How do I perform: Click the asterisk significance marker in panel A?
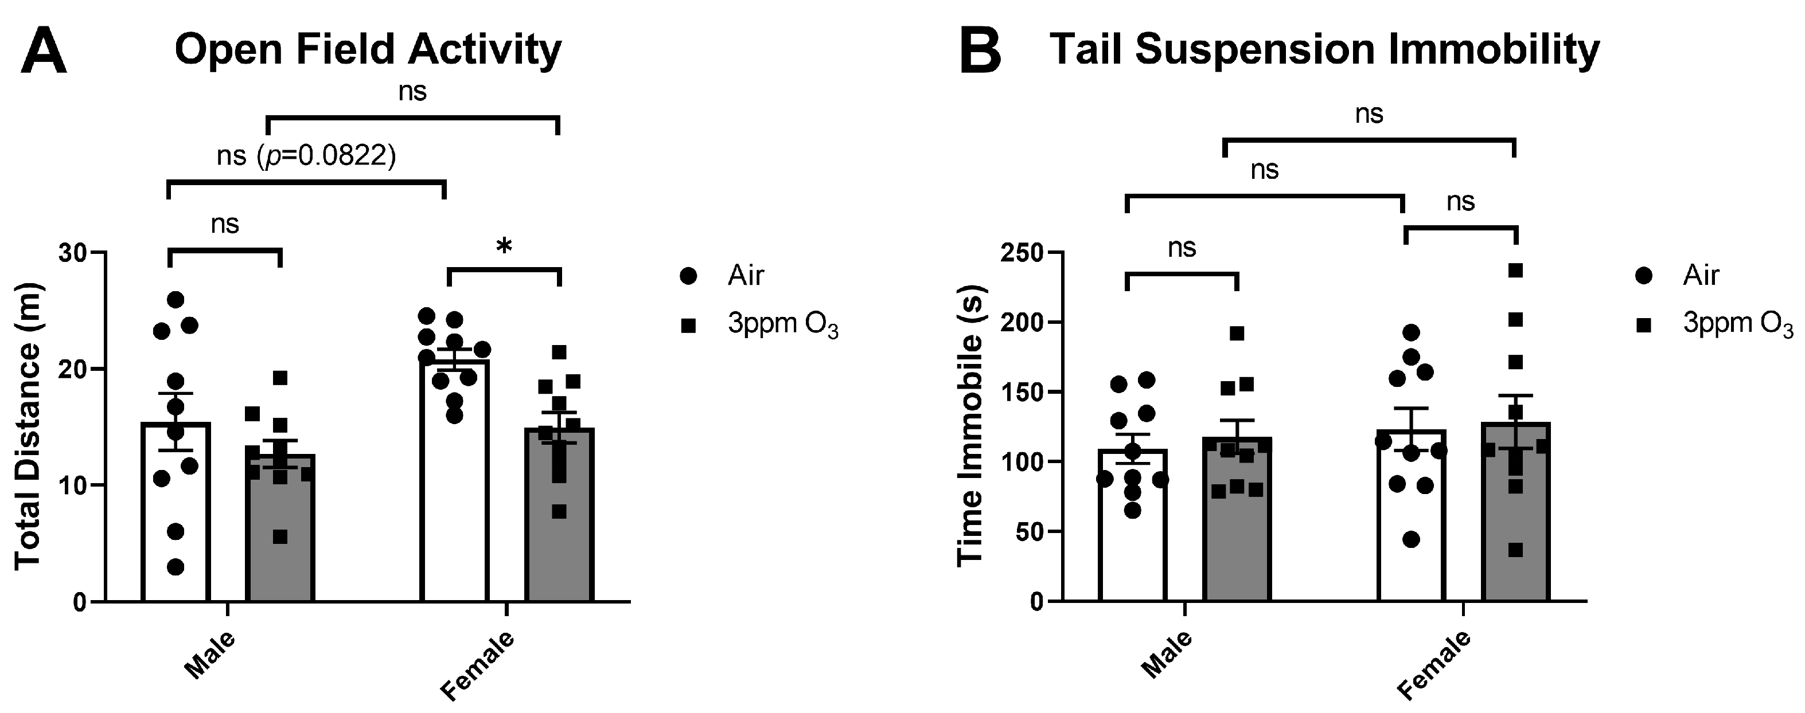(504, 247)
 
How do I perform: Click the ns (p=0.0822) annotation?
(306, 155)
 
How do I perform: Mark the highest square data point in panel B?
(1515, 271)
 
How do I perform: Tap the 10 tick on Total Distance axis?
(78, 485)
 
